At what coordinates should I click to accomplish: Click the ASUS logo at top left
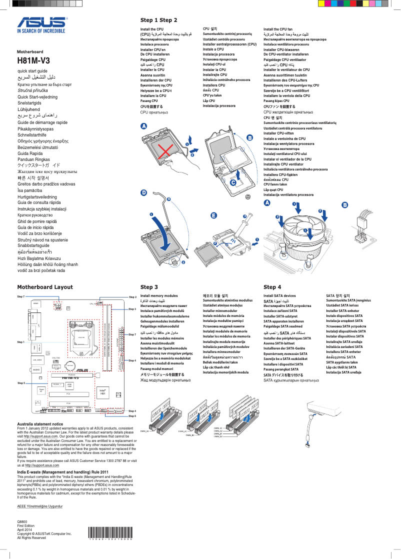click(41, 23)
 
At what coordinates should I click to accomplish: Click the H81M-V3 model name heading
click(34, 60)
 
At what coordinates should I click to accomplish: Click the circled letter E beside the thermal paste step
click(214, 215)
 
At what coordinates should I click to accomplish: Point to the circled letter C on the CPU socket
click(233, 183)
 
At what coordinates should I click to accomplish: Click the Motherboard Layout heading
click(45, 287)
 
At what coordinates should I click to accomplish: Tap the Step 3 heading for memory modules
click(149, 287)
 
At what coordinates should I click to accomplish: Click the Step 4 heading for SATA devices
click(272, 287)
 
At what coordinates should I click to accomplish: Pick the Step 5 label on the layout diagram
click(20, 382)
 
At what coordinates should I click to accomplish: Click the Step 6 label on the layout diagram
click(132, 416)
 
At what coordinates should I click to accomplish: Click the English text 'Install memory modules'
click(159, 296)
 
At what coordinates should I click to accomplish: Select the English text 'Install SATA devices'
click(279, 296)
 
